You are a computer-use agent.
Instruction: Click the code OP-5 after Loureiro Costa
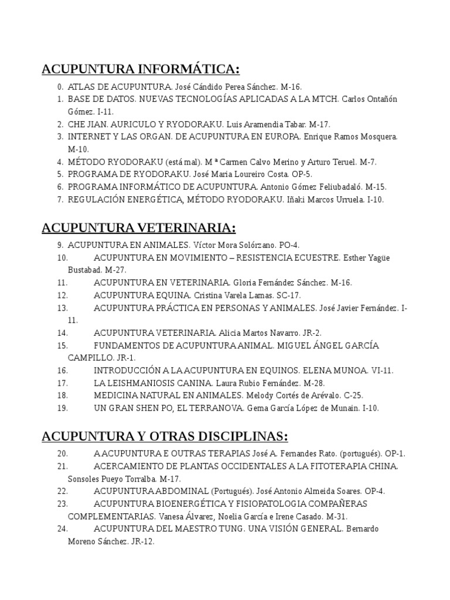click(303, 174)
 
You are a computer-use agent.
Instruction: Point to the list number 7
click(60, 199)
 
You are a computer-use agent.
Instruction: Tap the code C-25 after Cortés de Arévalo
click(353, 396)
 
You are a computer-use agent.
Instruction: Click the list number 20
click(63, 454)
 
